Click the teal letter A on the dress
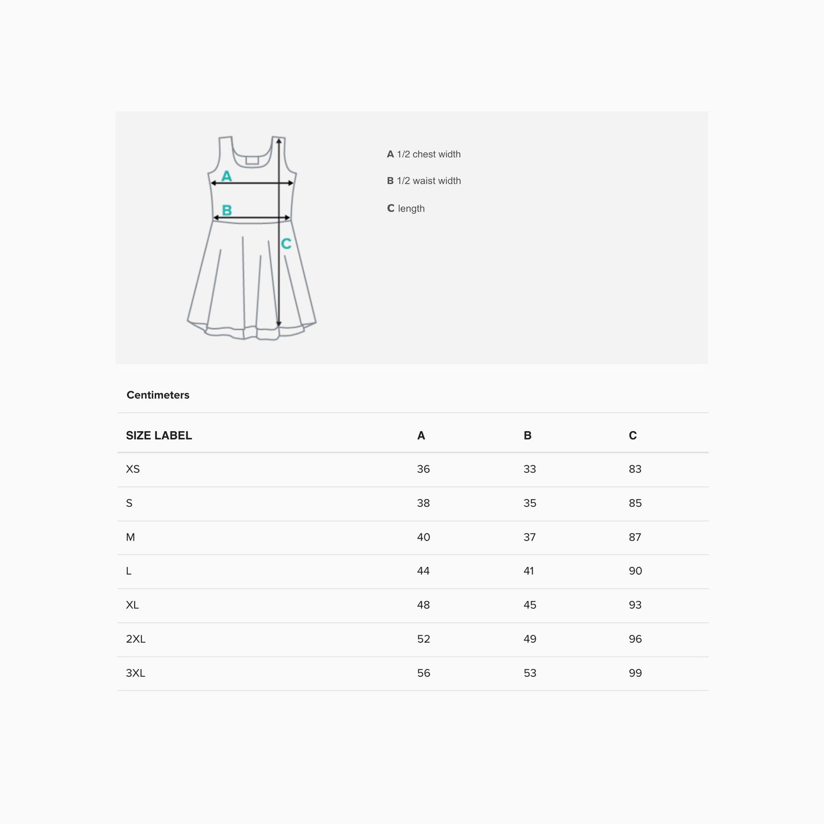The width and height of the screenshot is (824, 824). coord(226,176)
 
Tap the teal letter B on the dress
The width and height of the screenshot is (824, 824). coord(227,210)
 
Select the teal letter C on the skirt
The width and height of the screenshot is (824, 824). coord(286,243)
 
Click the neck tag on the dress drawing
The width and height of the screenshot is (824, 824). coord(252,160)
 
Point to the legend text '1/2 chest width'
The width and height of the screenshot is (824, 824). coord(429,155)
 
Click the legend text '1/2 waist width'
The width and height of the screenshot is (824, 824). coord(429,181)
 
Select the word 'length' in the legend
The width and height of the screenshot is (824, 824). coord(411,209)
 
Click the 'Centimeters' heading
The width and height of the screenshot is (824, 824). coord(158,395)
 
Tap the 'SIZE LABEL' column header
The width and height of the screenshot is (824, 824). coord(159,435)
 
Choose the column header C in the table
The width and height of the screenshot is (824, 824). coord(633,435)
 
